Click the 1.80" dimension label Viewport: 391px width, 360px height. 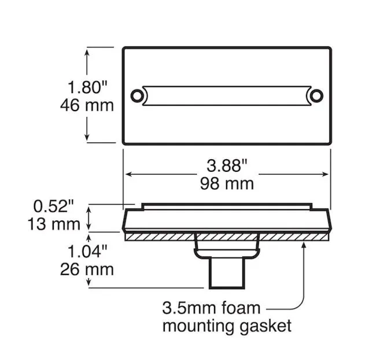87,87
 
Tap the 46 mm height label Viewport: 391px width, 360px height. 87,105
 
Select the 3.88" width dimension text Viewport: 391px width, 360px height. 227,166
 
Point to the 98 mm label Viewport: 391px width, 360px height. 227,184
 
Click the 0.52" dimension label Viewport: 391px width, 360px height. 54,206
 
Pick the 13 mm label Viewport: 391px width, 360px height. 54,224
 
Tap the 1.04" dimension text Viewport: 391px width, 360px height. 87,251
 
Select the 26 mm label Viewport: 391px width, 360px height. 87,270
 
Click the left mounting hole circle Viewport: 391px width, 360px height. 138,95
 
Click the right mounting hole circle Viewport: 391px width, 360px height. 316,95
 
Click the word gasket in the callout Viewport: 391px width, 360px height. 265,326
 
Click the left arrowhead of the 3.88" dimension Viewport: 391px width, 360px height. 128,174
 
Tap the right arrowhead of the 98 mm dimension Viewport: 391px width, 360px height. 325,174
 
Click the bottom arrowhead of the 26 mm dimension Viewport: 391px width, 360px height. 88,283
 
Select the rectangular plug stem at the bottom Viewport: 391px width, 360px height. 227,273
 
